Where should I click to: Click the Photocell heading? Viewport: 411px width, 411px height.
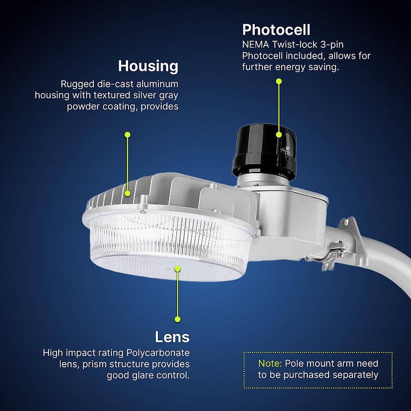[x=276, y=30]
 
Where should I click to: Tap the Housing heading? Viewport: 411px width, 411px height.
[x=148, y=66]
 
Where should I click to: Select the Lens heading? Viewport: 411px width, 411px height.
[x=172, y=337]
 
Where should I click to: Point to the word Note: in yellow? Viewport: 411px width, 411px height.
[x=270, y=363]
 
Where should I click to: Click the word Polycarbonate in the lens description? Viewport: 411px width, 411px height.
[x=158, y=353]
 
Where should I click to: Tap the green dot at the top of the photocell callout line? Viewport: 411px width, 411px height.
[x=279, y=81]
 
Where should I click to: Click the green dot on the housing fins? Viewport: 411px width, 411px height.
[x=127, y=194]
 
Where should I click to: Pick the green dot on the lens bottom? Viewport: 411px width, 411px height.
[x=177, y=269]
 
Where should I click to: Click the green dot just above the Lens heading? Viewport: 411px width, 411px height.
[x=177, y=319]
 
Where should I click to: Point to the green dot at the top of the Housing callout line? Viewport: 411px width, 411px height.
[x=127, y=135]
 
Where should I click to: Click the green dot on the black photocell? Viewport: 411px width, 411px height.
[x=279, y=135]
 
